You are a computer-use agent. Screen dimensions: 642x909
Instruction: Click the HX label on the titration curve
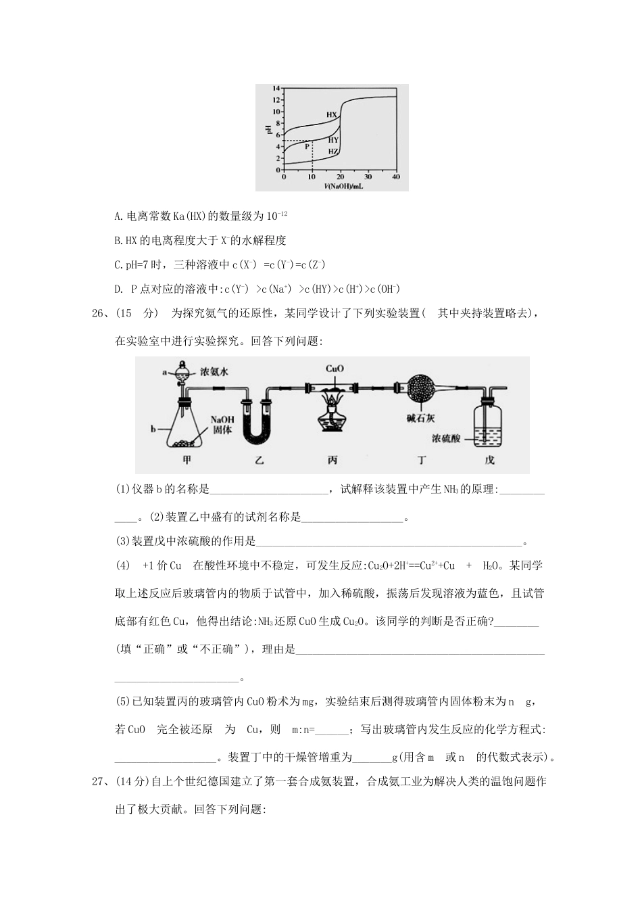click(x=331, y=115)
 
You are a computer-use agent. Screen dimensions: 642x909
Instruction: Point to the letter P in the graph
click(x=306, y=145)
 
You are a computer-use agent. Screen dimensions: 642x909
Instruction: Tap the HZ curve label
click(x=332, y=152)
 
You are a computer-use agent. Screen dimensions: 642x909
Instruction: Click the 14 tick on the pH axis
click(x=276, y=89)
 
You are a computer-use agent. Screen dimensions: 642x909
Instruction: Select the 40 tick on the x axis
click(x=395, y=177)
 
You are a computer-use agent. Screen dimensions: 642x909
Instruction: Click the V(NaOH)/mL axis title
click(x=343, y=186)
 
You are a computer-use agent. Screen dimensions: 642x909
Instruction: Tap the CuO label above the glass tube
click(x=335, y=369)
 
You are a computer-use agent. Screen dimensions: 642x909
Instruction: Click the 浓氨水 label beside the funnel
click(x=214, y=372)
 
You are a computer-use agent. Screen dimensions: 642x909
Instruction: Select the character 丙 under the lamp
click(x=332, y=461)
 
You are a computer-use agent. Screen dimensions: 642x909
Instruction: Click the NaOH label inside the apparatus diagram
click(x=222, y=419)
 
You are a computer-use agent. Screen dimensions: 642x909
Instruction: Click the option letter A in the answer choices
click(x=118, y=216)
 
